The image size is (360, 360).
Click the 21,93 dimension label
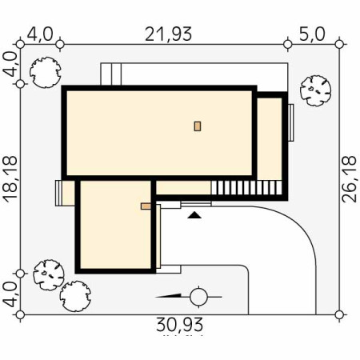click(x=168, y=34)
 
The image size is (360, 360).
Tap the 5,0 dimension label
click(x=312, y=34)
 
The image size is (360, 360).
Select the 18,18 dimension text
click(x=10, y=181)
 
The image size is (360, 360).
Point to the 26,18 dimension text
click(x=350, y=179)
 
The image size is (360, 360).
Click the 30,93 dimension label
click(x=179, y=325)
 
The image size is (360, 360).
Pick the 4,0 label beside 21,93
click(x=40, y=34)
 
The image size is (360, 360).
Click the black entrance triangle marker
click(x=194, y=215)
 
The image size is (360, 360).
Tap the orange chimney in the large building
click(x=198, y=126)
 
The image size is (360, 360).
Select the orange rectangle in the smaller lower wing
click(x=146, y=206)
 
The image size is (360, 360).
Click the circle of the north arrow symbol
click(x=198, y=297)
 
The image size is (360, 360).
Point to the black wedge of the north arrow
click(x=169, y=295)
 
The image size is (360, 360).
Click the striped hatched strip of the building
click(x=246, y=188)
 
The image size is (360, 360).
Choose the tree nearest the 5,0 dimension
click(x=315, y=90)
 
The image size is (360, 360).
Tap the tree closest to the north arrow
click(x=75, y=296)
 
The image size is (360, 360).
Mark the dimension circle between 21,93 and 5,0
click(x=287, y=44)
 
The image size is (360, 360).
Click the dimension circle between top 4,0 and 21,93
click(x=60, y=44)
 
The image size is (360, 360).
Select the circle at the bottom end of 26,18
click(x=339, y=314)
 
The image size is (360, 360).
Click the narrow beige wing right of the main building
click(x=270, y=138)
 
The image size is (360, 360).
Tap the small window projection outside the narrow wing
click(x=291, y=122)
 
